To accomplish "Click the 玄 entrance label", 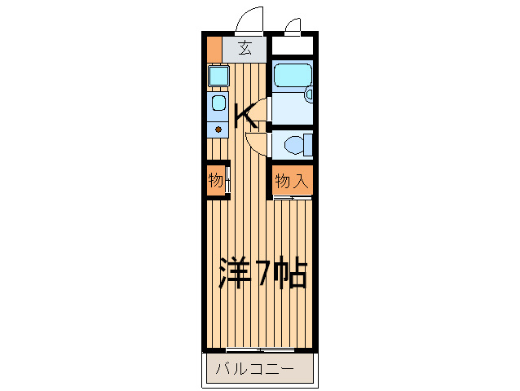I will [x=245, y=47].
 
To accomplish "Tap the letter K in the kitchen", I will [x=246, y=117].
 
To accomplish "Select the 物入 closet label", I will [x=291, y=181].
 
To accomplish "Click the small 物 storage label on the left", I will [x=215, y=180].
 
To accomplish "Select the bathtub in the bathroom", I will [x=291, y=77].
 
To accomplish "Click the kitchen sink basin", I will [x=218, y=103].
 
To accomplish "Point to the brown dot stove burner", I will [x=218, y=128].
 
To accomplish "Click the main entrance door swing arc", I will [x=251, y=18].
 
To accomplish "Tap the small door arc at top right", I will [x=293, y=23].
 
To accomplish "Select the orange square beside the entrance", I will [x=214, y=48].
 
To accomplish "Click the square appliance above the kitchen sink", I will [x=218, y=77].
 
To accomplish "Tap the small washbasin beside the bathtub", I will [x=309, y=95].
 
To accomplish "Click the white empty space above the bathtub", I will [x=292, y=46].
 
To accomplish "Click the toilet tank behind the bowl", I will [x=308, y=145].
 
